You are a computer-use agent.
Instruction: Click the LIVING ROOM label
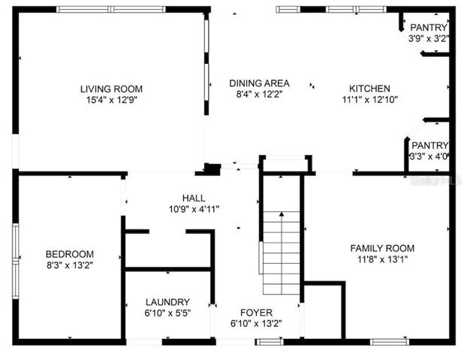pyautogui.click(x=111, y=89)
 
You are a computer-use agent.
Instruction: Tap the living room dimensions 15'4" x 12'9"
pyautogui.click(x=112, y=100)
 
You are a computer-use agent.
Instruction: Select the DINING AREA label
pyautogui.click(x=259, y=83)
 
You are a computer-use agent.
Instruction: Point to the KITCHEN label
pyautogui.click(x=369, y=89)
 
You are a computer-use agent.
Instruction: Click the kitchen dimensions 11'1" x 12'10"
pyautogui.click(x=370, y=99)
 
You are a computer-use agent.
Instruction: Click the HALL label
pyautogui.click(x=194, y=198)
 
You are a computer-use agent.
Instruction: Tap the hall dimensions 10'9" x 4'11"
pyautogui.click(x=194, y=210)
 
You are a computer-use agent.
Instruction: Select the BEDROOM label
pyautogui.click(x=70, y=254)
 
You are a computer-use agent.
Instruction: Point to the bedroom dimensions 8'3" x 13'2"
pyautogui.click(x=70, y=265)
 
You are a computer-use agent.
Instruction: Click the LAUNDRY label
pyautogui.click(x=167, y=302)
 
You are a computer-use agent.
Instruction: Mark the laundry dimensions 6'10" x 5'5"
pyautogui.click(x=167, y=313)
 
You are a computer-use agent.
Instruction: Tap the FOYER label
pyautogui.click(x=256, y=313)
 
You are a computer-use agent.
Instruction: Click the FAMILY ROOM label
pyautogui.click(x=382, y=248)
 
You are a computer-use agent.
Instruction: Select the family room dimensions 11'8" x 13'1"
pyautogui.click(x=383, y=259)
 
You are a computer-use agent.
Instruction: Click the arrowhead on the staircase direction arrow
pyautogui.click(x=282, y=214)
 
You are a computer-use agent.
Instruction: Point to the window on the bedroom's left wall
pyautogui.click(x=15, y=262)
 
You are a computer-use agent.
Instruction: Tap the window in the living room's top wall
pyautogui.click(x=111, y=10)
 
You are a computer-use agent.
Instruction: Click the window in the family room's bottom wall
pyautogui.click(x=390, y=342)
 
